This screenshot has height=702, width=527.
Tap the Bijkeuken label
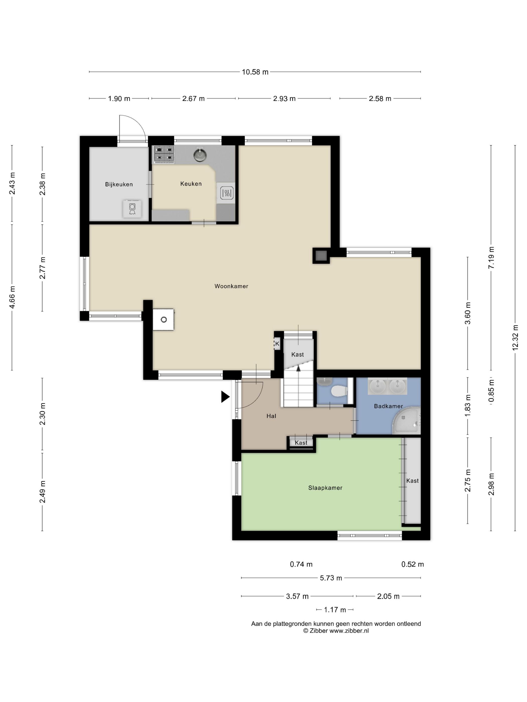click(119, 184)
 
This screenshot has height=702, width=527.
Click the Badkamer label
click(388, 406)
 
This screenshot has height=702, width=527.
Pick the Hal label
click(271, 416)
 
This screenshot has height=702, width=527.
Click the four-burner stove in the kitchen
click(164, 154)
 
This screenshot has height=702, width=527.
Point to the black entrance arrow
click(225, 397)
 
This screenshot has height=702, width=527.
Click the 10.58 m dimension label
click(255, 72)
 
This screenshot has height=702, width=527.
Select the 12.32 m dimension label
click(515, 338)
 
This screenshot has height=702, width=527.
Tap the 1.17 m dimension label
click(335, 610)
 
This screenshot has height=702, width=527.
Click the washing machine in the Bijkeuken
click(132, 209)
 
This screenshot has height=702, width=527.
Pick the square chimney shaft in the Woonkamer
click(321, 255)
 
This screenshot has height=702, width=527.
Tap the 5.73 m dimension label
click(331, 578)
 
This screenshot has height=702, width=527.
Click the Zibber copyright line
click(336, 631)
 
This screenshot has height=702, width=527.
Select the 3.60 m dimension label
click(467, 313)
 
